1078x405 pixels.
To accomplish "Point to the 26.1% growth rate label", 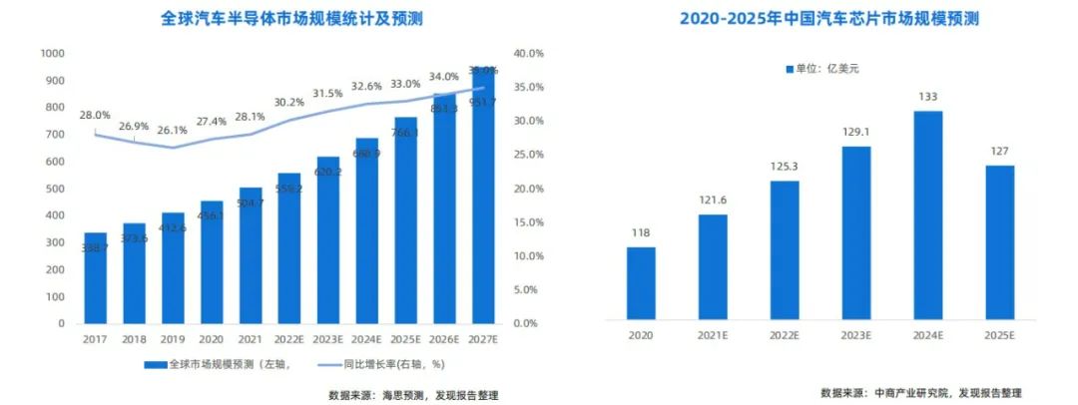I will (173, 130).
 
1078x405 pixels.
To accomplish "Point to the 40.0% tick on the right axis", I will (526, 53).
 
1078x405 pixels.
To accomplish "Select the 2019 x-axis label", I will (173, 340).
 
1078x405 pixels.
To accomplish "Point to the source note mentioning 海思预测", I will (413, 395).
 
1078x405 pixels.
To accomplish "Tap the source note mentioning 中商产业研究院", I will (921, 392).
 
